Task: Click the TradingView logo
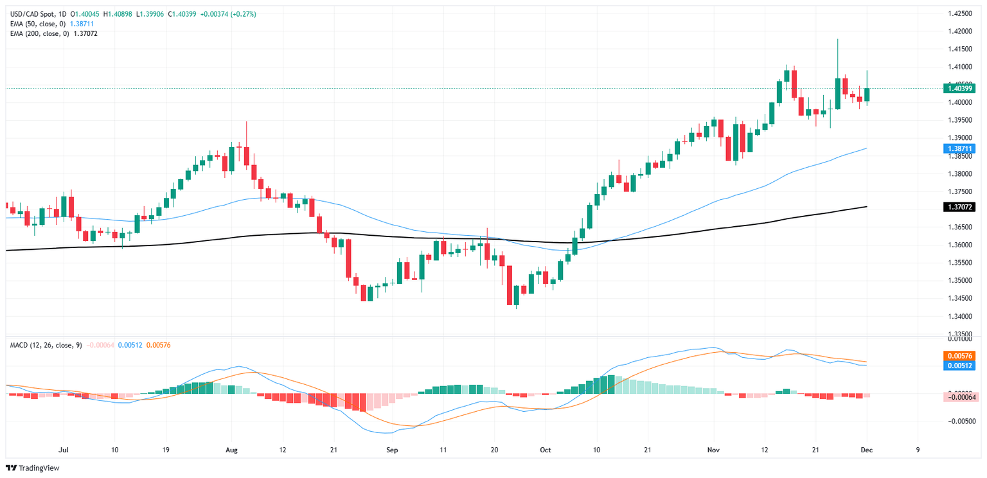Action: click(33, 468)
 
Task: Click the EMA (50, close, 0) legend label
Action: click(37, 23)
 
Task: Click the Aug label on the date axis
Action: click(232, 450)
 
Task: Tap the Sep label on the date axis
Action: click(393, 450)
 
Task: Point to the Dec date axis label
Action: click(867, 450)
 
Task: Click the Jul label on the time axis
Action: click(64, 450)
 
